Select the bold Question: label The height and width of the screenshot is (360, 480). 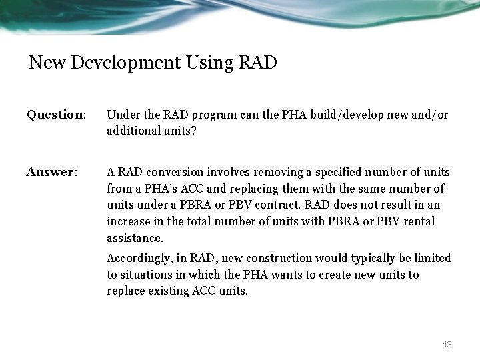(57, 115)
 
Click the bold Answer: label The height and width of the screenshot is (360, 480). (52, 173)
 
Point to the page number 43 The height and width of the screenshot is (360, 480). (446, 344)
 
